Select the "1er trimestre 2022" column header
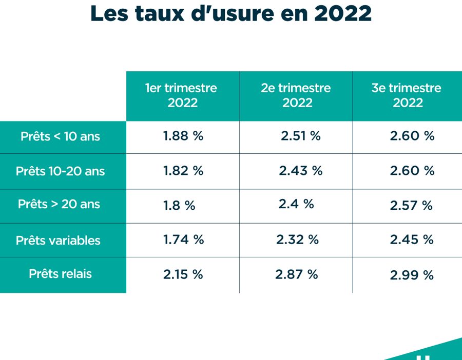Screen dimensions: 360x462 (182, 95)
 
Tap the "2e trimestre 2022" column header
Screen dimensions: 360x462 (296, 95)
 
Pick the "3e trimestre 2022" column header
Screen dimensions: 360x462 (407, 95)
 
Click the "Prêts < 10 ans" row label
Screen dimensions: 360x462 (60, 136)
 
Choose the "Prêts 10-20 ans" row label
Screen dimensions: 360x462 (60, 171)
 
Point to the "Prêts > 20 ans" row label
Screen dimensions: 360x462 (59, 204)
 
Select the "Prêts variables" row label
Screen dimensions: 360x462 (58, 241)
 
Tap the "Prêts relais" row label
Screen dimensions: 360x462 (60, 273)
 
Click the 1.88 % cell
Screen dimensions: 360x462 (183, 136)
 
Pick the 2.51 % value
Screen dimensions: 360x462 (300, 136)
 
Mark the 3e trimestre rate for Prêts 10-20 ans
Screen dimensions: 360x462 (412, 171)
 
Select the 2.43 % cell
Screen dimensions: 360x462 (300, 171)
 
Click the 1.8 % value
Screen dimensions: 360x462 (179, 206)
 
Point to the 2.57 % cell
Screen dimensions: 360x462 (411, 206)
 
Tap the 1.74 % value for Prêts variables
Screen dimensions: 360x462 (183, 239)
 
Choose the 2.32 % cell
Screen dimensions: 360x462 (297, 239)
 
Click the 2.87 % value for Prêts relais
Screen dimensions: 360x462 (296, 274)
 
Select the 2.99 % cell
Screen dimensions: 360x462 (411, 275)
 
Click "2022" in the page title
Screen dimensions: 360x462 (342, 14)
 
